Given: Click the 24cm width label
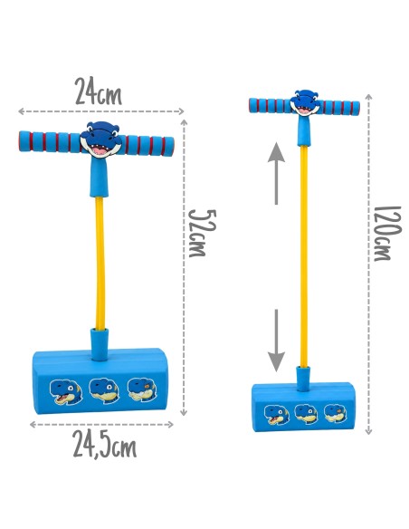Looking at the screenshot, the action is [x=98, y=91].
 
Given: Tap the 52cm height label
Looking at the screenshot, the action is [x=202, y=234].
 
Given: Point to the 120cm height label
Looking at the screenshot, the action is [x=387, y=234].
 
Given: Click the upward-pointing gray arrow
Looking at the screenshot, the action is [x=276, y=173].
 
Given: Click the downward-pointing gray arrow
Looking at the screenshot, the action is [x=276, y=341].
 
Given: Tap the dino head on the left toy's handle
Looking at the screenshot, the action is [x=100, y=139].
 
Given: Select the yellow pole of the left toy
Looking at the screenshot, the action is [x=100, y=264].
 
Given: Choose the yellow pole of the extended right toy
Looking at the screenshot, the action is [x=303, y=256].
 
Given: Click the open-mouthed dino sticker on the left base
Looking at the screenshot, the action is [x=66, y=391].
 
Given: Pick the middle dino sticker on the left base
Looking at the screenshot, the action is [x=104, y=390].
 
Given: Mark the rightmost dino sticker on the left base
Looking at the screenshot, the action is [x=142, y=390].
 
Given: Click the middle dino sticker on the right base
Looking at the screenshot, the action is [x=306, y=414].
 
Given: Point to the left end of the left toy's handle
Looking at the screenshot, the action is [x=21, y=141].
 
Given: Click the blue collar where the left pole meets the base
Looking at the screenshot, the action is [x=100, y=344].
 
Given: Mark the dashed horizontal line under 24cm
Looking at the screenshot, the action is [x=101, y=111].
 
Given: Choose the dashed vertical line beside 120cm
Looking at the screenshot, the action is [x=368, y=264].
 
